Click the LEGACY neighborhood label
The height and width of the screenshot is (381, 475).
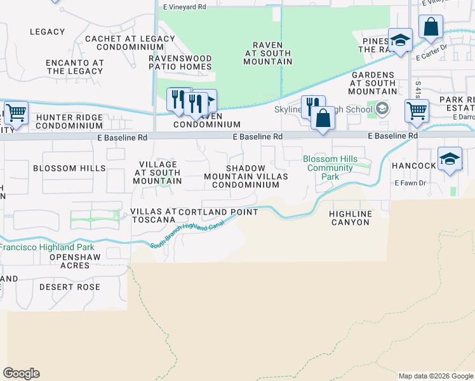pos(47,32)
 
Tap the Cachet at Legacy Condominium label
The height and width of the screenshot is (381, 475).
pos(130,43)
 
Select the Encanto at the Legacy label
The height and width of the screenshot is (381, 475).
pos(74,67)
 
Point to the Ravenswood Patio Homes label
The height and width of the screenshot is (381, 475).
pos(180,62)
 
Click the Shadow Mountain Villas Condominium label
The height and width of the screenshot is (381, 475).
pos(246,177)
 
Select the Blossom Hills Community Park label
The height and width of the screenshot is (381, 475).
pos(330,168)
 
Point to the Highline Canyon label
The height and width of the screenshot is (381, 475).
pos(349,218)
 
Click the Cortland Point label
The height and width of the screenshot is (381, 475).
pos(218,212)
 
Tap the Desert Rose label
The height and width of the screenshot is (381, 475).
pos(70,287)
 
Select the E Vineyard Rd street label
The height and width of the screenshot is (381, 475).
pos(185,7)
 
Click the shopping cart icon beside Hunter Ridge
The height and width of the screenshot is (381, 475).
pos(16,113)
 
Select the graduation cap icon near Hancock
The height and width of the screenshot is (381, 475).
pos(450,159)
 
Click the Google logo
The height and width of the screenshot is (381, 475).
pos(21,373)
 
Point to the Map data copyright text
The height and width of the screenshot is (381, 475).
pos(436,376)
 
